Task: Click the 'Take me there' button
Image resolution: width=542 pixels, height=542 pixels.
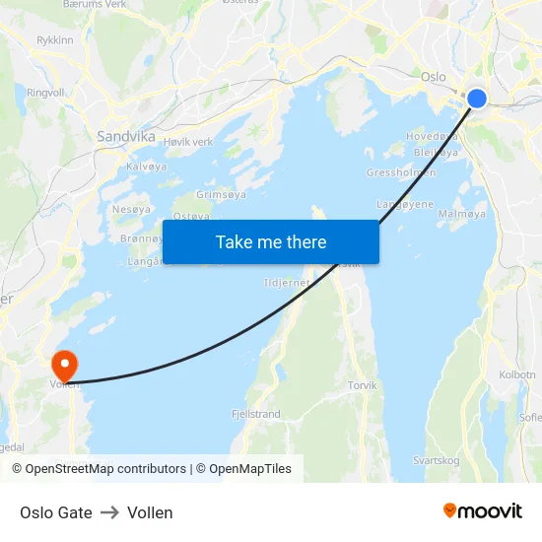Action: [271, 242]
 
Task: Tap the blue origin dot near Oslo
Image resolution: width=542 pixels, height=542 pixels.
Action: [476, 98]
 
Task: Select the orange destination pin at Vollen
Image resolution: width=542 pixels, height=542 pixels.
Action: [65, 366]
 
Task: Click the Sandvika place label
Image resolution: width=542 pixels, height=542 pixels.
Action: [125, 137]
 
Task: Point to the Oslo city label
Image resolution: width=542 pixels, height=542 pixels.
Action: [434, 76]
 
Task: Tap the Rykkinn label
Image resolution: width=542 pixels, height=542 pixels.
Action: [54, 40]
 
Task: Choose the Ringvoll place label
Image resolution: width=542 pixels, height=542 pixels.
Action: [45, 93]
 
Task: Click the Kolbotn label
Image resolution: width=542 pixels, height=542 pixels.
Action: [517, 374]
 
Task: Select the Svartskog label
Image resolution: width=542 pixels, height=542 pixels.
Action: [436, 460]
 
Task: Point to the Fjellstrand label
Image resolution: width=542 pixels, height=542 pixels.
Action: [255, 414]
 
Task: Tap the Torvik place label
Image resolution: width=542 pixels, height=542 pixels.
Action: [362, 385]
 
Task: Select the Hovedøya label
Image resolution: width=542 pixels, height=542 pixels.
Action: [432, 137]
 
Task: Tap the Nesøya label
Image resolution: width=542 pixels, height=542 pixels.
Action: [131, 209]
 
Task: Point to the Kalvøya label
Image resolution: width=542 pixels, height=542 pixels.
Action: [146, 167]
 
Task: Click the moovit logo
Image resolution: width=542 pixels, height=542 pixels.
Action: [483, 510]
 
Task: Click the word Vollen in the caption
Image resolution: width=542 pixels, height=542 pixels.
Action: [150, 512]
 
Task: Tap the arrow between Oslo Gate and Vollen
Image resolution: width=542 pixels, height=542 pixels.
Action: [109, 512]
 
